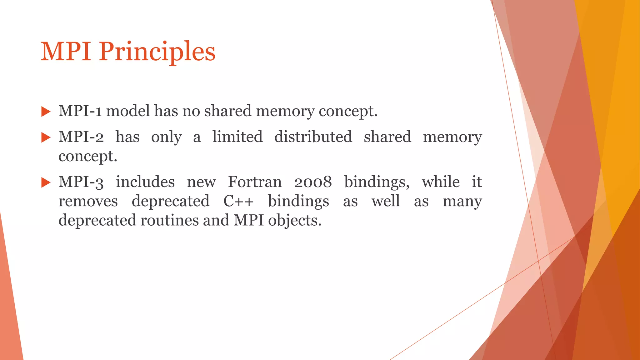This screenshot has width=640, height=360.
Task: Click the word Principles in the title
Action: coord(157,52)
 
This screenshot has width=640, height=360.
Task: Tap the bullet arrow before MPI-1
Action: coord(46,112)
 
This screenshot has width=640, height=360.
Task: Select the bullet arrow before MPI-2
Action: coord(46,137)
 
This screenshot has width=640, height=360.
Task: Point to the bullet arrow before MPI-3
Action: coord(46,182)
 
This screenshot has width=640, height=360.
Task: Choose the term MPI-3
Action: coord(81,182)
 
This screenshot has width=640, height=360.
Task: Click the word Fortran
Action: coord(255,182)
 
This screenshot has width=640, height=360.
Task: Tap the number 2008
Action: coord(313,182)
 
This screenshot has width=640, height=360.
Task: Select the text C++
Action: coord(238,201)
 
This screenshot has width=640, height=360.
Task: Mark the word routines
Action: coord(169,220)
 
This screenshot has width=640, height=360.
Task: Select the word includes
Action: coord(145,182)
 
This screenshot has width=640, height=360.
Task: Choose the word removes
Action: coord(88,201)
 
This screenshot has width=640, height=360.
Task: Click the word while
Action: coord(441,182)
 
